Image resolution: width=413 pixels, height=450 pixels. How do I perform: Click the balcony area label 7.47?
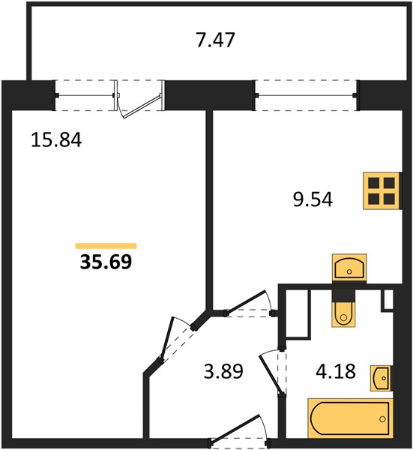pos(216,40)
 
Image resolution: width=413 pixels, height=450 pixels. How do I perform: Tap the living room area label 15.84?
pos(56,139)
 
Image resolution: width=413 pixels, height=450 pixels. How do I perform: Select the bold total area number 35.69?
pos(106,262)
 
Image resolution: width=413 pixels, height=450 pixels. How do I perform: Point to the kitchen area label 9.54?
pos(313,199)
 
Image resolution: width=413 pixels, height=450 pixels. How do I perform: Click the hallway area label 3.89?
pos(223,370)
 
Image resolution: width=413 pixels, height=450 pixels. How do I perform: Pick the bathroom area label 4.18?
pos(336,370)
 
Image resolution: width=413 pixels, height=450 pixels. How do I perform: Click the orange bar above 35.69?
pos(106,246)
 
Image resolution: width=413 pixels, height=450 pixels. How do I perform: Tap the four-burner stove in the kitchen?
pos(382,190)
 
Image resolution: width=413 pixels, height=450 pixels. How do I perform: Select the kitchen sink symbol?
pos(349,267)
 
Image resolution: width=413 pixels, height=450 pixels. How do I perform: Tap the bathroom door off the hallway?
pos(273,372)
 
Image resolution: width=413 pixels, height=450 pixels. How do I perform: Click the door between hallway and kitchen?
pos(250,304)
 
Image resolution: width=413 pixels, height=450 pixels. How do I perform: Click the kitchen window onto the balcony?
pos(306,95)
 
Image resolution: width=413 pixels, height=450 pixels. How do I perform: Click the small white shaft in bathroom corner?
pos(388,299)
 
